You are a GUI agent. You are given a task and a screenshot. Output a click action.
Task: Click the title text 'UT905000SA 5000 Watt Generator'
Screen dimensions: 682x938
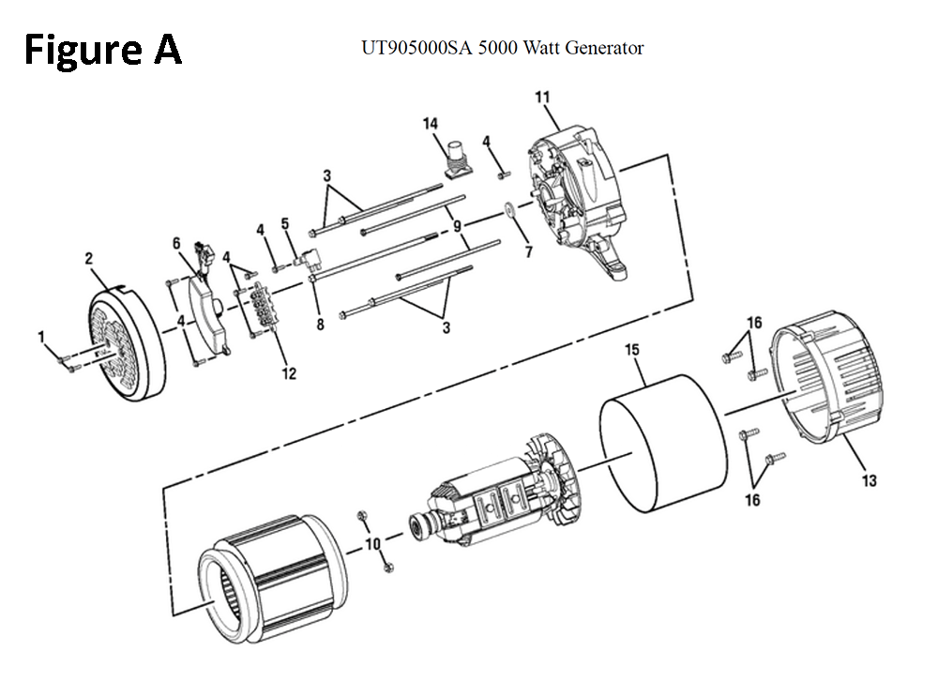(502, 47)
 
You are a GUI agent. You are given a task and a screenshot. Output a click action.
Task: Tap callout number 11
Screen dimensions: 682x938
(542, 97)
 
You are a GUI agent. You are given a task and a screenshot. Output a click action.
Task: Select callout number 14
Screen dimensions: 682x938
(430, 123)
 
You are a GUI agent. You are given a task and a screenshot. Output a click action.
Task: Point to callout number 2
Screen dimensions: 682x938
(90, 257)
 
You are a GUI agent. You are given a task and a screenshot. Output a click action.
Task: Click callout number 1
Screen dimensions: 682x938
(40, 336)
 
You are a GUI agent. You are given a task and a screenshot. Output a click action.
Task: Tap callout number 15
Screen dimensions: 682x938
(632, 350)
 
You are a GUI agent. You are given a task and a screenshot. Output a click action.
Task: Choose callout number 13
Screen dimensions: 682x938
(869, 481)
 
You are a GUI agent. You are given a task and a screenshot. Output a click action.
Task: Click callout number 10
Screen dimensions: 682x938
(372, 543)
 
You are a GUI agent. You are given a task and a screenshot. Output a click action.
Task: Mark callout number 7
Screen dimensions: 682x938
(527, 252)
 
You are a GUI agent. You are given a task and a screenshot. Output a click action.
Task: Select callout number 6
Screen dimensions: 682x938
(175, 243)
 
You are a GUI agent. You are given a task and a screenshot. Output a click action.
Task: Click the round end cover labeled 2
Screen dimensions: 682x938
(127, 338)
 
